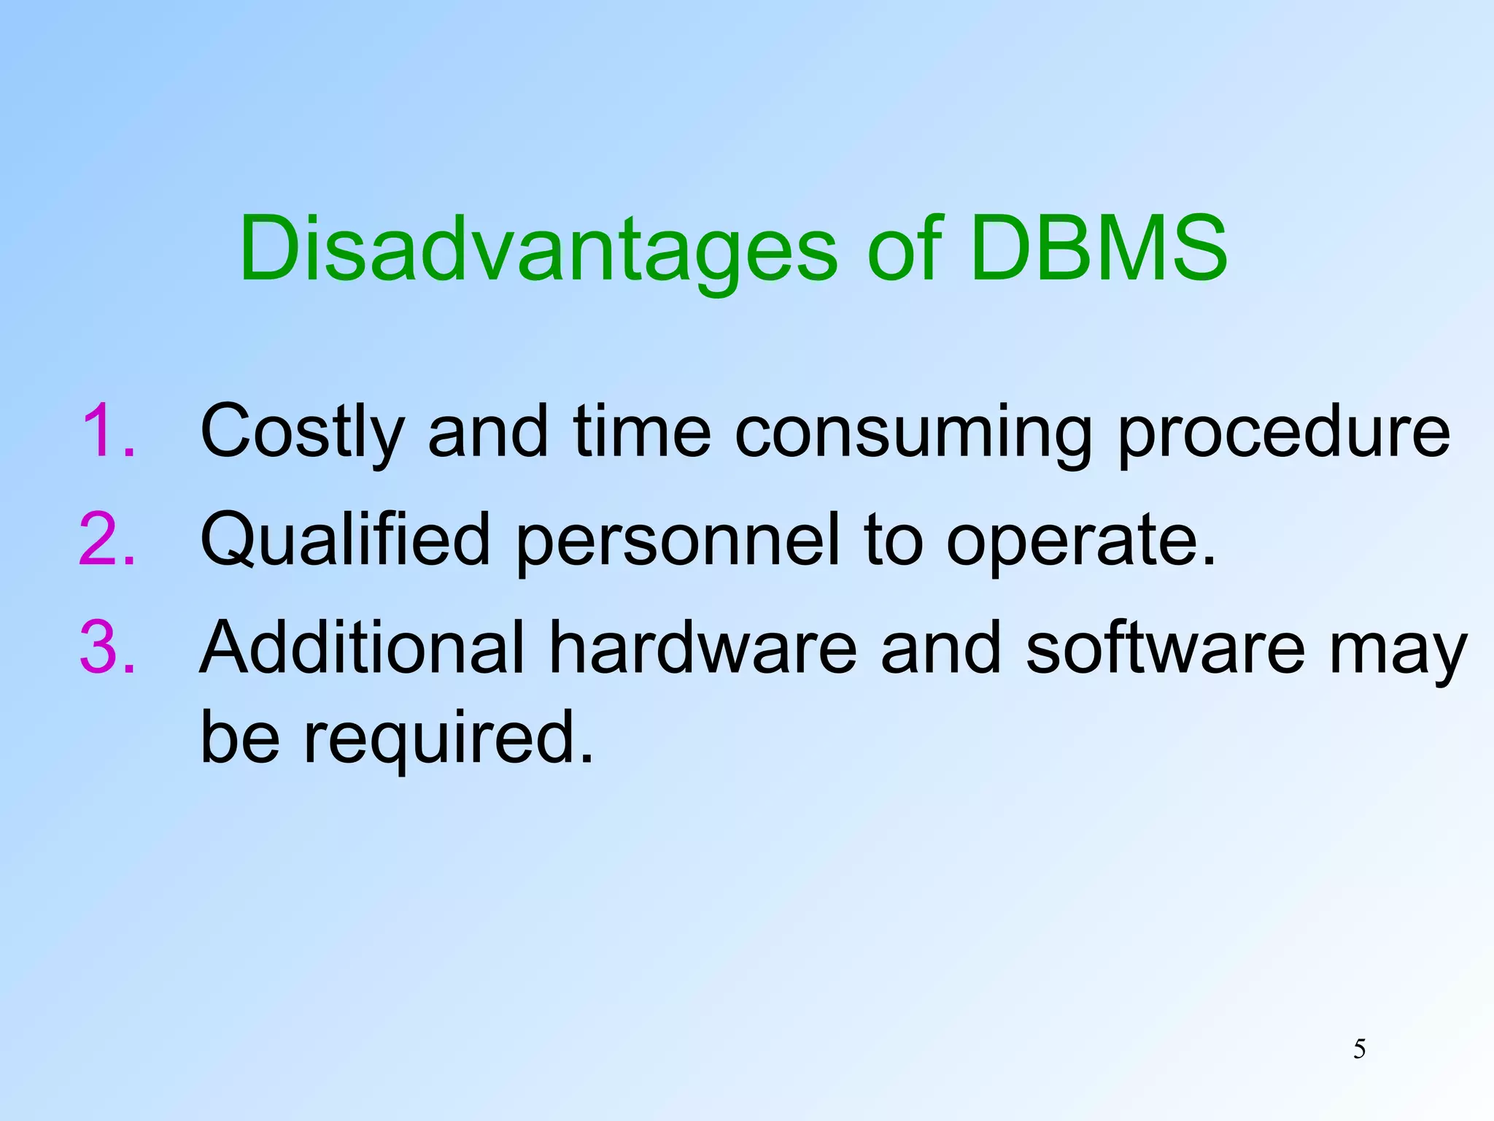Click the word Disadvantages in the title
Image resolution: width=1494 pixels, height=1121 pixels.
[x=538, y=250]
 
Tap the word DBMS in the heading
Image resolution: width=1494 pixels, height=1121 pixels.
[x=1099, y=250]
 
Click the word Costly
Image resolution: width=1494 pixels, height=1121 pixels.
[x=301, y=432]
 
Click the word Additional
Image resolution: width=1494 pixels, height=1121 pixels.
[x=362, y=648]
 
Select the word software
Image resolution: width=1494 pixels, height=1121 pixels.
[x=1165, y=648]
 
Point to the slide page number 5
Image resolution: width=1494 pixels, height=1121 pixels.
[x=1359, y=1049]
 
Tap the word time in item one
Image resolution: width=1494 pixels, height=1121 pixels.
[x=642, y=432]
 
